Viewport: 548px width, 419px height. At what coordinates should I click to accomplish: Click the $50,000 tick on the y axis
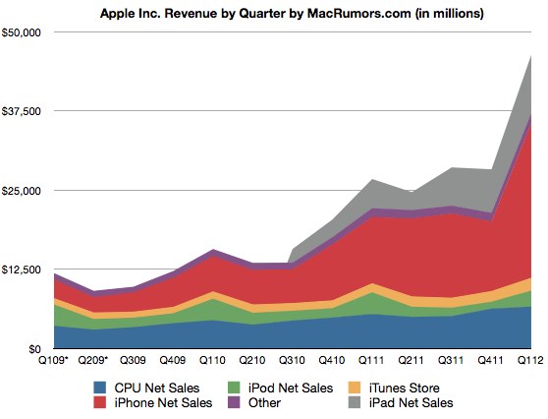[x=23, y=32]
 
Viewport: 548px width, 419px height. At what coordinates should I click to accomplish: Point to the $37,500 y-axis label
[x=23, y=111]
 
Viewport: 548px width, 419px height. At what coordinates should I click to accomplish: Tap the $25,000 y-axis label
[x=23, y=190]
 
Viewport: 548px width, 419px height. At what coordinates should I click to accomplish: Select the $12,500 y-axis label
[x=23, y=269]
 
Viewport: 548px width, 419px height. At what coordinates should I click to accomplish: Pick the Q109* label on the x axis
[x=54, y=362]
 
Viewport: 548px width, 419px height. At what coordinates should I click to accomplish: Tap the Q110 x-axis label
[x=213, y=362]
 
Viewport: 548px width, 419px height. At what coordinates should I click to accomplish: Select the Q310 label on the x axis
[x=293, y=362]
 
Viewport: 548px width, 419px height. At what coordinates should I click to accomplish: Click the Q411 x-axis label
[x=492, y=362]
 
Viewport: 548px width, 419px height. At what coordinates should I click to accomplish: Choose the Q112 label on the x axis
[x=529, y=362]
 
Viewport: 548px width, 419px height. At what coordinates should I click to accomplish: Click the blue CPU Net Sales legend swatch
[x=97, y=389]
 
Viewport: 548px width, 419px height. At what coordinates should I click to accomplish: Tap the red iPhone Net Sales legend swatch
[x=97, y=403]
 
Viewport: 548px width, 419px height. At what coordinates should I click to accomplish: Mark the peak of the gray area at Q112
[x=531, y=56]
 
